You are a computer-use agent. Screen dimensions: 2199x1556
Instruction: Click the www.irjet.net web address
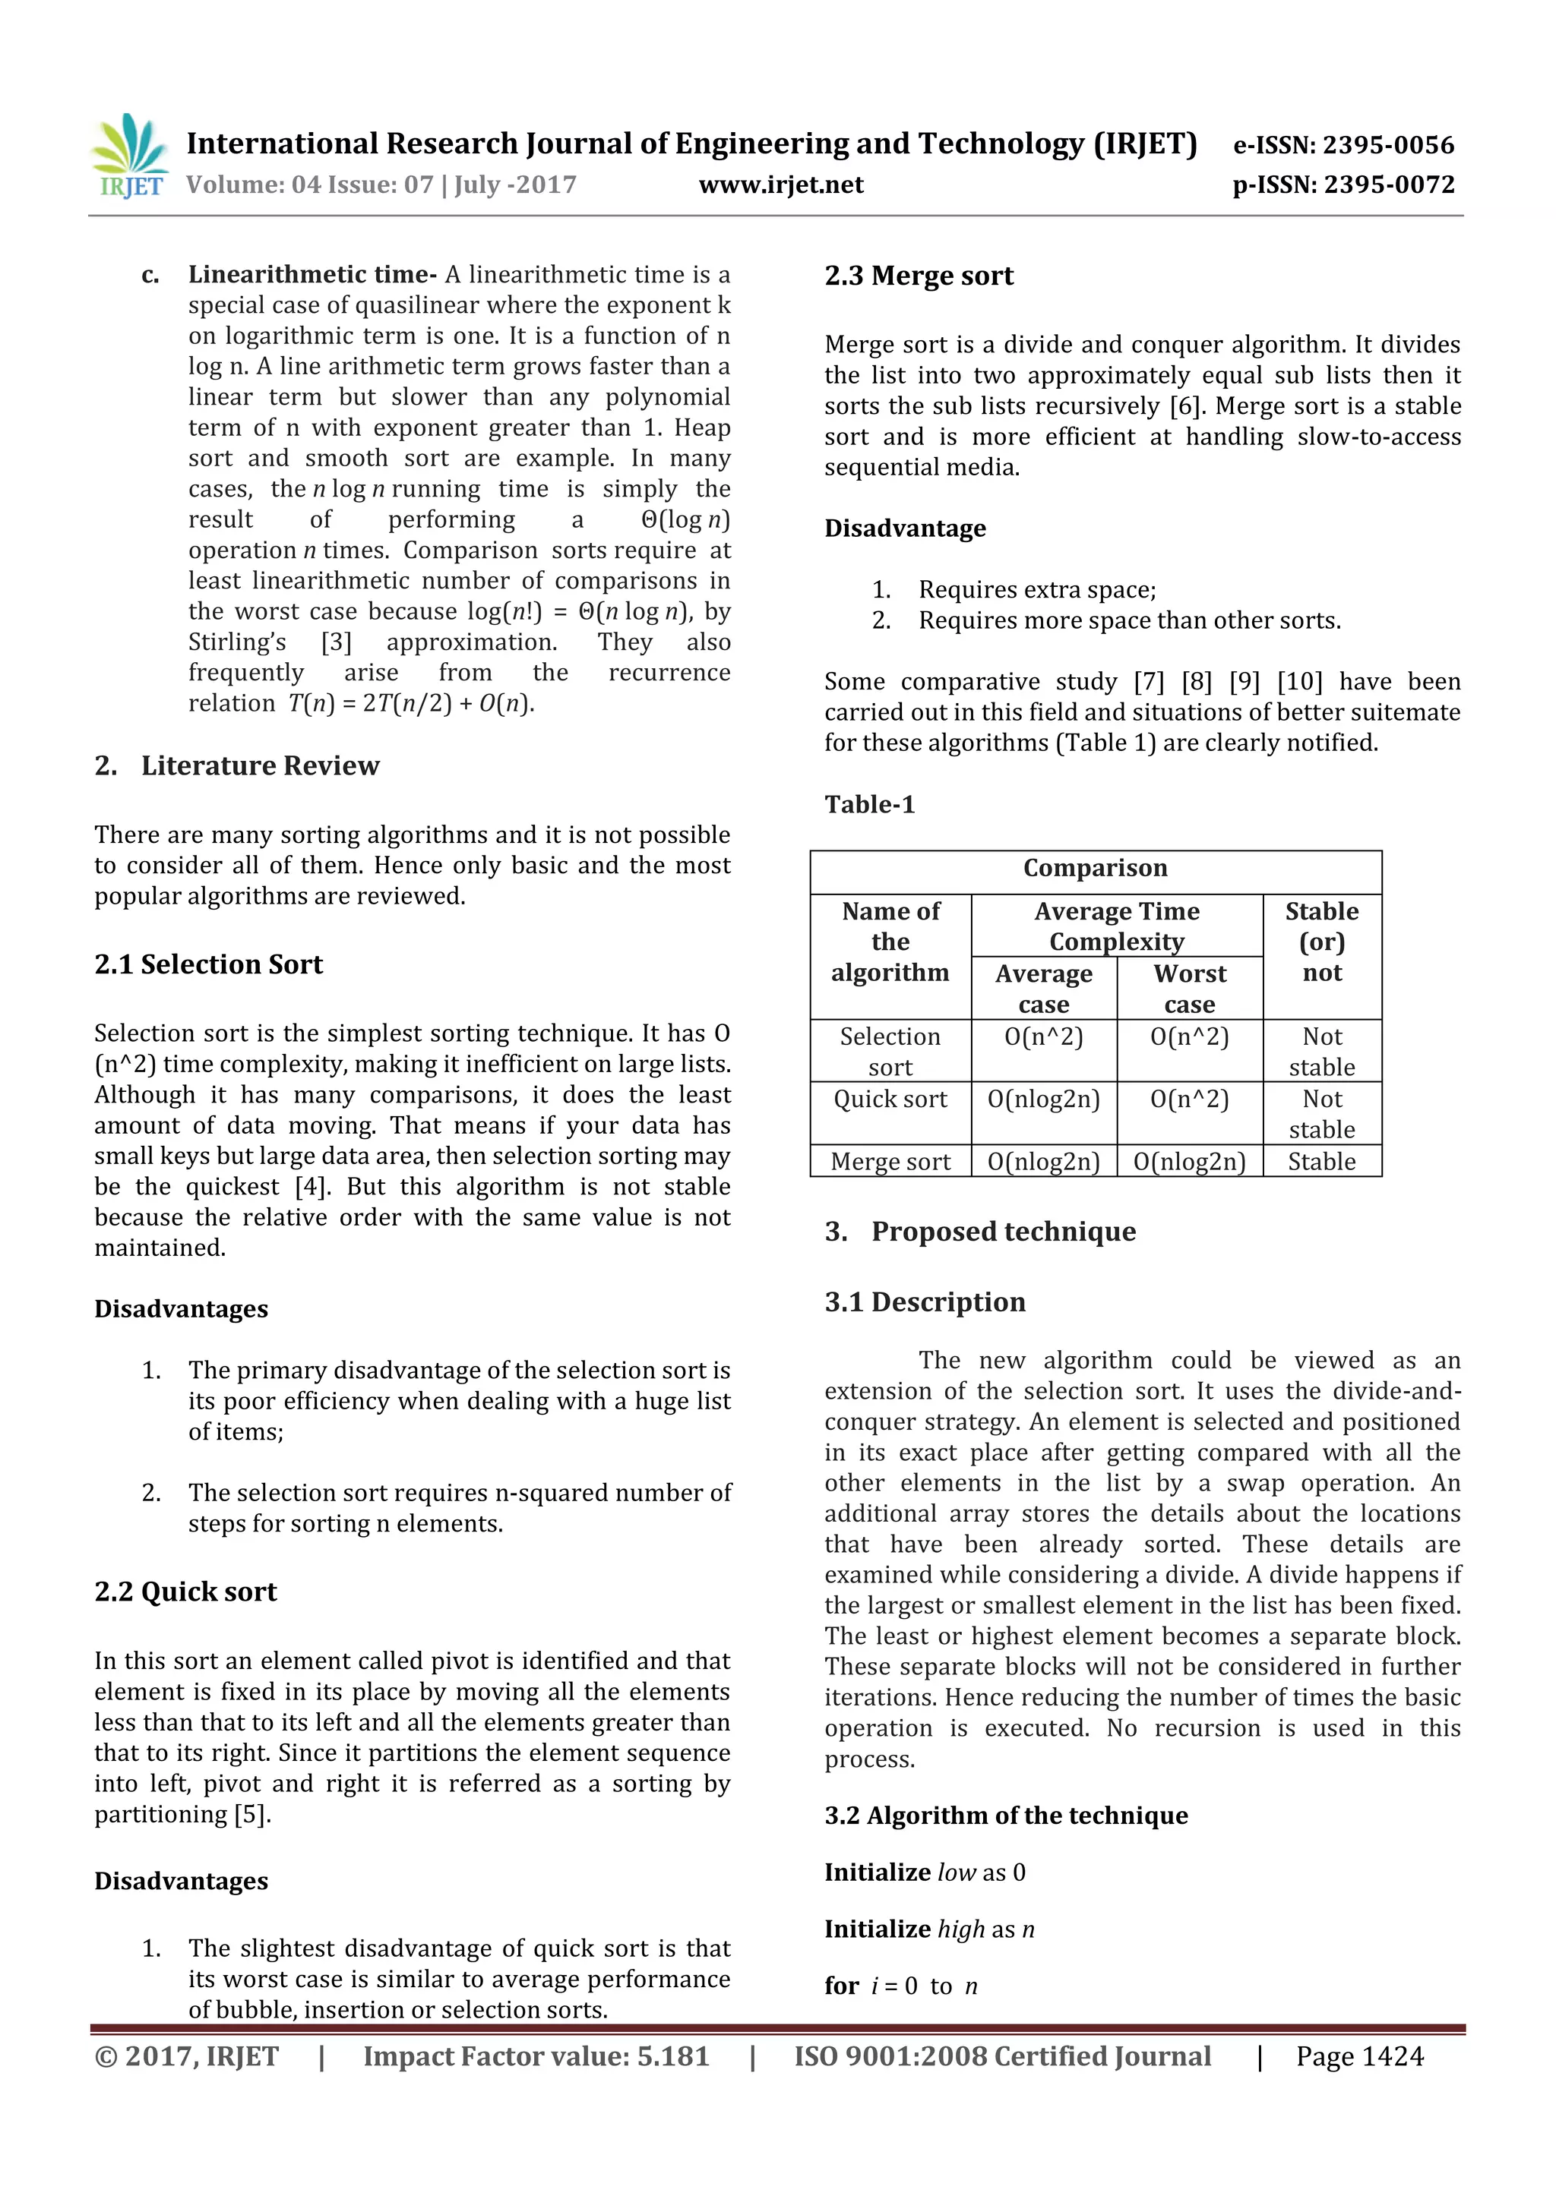(781, 185)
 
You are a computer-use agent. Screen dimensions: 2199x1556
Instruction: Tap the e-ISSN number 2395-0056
(1387, 146)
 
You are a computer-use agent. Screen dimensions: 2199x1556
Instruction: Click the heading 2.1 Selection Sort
(208, 964)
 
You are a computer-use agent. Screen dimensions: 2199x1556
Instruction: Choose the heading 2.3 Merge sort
(918, 276)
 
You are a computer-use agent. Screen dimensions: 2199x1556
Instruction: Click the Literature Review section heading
(260, 766)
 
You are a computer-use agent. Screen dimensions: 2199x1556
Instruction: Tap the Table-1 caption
(869, 805)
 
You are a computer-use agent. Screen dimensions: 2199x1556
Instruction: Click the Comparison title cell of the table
(1094, 869)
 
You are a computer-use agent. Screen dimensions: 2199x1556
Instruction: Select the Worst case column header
(1189, 989)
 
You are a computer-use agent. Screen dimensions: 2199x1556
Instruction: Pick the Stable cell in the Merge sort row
(1321, 1162)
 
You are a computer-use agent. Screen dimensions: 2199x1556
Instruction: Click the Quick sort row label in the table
(890, 1099)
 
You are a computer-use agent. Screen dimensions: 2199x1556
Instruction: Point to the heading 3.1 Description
(925, 1302)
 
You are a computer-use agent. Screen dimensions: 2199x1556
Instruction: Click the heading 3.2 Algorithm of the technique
(1005, 1816)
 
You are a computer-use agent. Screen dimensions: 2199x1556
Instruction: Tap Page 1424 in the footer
(1358, 2056)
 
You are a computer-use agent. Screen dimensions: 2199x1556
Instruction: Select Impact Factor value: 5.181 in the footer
(536, 2056)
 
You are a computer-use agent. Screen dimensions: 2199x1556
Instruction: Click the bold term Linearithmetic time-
(312, 275)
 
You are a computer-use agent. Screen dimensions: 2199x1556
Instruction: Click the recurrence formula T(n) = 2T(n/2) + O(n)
(411, 704)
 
